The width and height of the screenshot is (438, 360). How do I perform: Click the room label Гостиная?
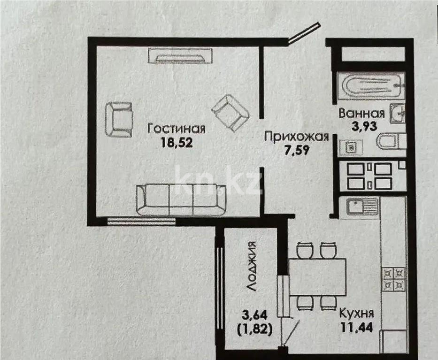(x=176, y=128)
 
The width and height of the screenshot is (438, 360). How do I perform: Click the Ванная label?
(x=361, y=113)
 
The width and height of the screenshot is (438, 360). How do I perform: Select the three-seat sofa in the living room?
(x=181, y=199)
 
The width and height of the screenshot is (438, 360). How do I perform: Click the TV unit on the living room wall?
(x=180, y=56)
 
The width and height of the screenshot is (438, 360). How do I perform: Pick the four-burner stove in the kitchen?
(x=393, y=279)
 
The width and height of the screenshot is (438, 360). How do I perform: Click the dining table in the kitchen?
(x=317, y=276)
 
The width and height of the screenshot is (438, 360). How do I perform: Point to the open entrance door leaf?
(x=304, y=34)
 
